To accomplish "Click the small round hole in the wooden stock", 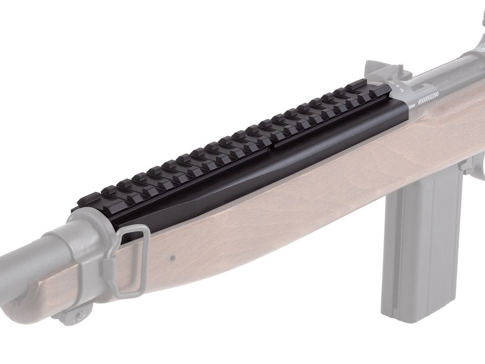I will (x=173, y=257).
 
